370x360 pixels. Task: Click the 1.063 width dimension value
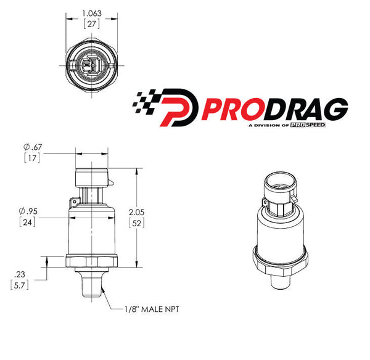coord(92,12)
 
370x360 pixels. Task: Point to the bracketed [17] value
coord(33,158)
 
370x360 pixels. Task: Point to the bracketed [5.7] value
coord(20,285)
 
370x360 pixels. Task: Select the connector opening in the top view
coord(92,64)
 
